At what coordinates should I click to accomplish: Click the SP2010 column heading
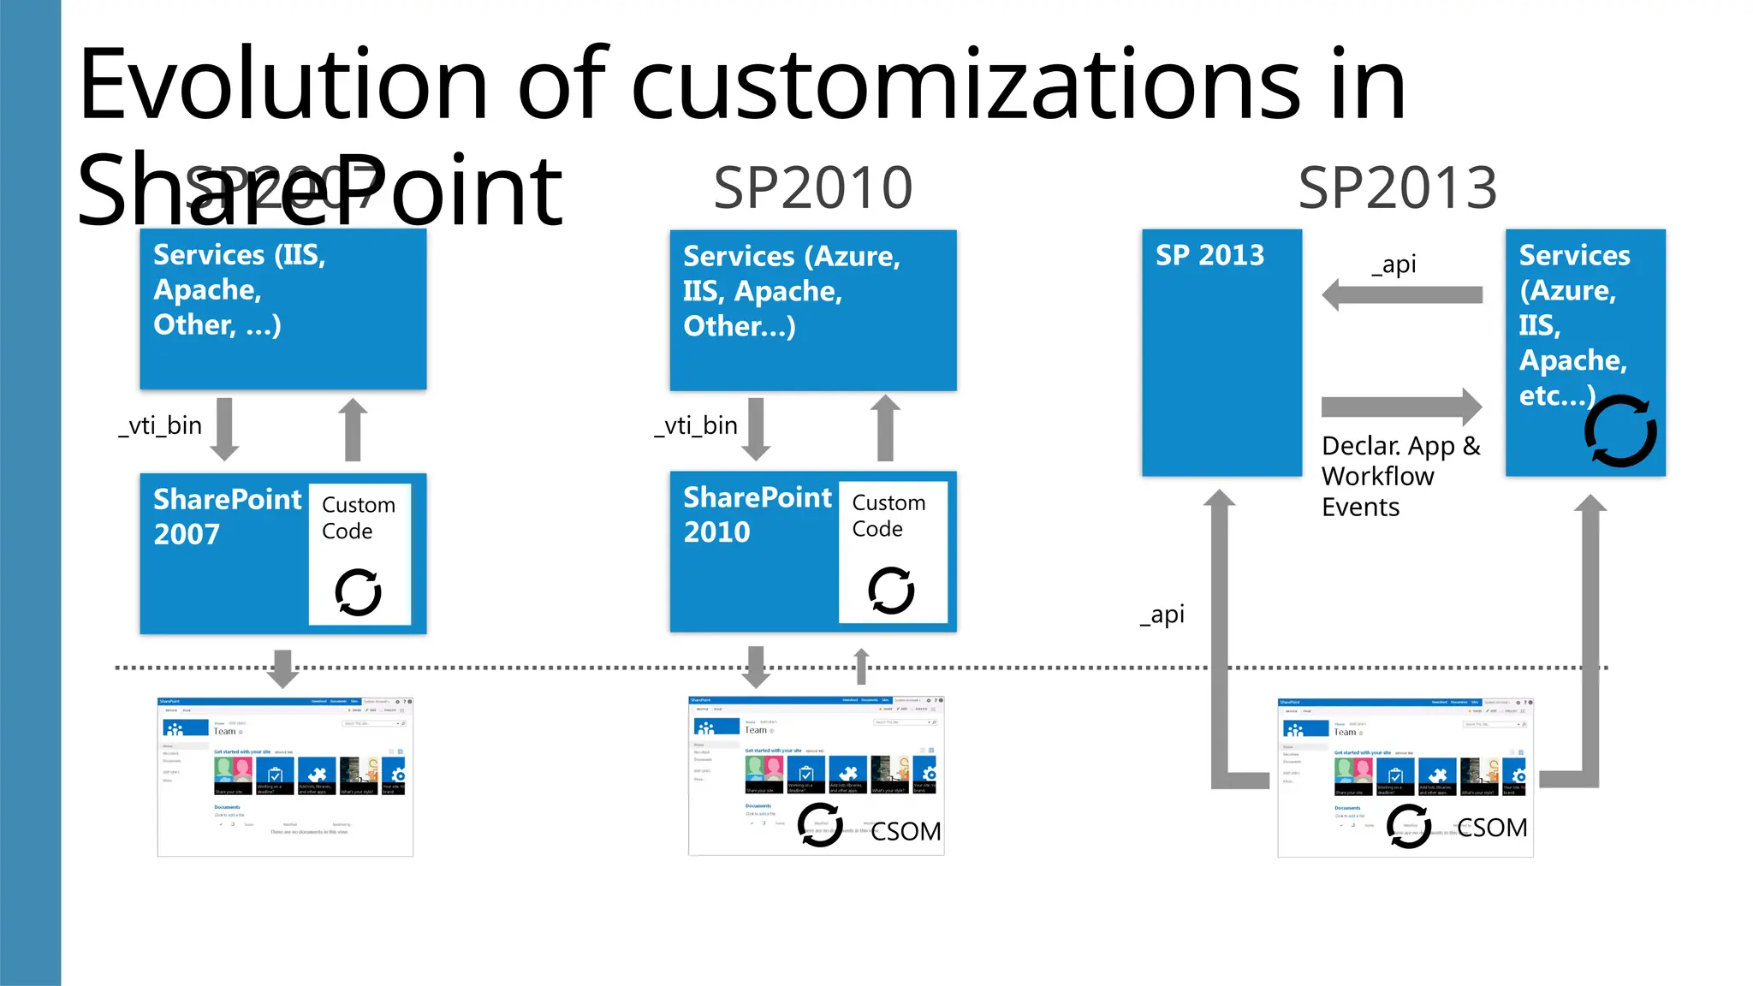tap(812, 188)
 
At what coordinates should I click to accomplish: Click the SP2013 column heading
tap(1397, 188)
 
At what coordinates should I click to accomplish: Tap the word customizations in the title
tap(966, 86)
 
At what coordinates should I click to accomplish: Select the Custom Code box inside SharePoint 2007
tap(360, 553)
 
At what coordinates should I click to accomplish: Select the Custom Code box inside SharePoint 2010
tap(892, 551)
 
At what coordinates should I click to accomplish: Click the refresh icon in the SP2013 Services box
tap(1619, 431)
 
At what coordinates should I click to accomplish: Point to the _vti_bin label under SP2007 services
tap(160, 425)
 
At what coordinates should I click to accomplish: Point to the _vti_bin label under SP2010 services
tap(696, 425)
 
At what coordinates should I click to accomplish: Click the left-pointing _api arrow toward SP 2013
tap(1402, 295)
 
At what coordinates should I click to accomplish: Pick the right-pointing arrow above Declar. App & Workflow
tap(1402, 407)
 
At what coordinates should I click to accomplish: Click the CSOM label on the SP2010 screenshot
tap(906, 831)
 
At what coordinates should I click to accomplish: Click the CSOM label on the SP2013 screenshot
tap(1491, 828)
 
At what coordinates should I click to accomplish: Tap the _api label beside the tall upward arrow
tap(1162, 615)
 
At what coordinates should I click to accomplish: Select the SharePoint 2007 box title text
tap(227, 516)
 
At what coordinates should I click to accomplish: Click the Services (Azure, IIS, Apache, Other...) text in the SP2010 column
tap(791, 291)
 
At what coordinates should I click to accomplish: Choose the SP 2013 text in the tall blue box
tap(1209, 255)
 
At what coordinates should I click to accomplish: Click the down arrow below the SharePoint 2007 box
tap(282, 668)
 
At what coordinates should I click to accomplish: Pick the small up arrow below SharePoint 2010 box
tap(862, 666)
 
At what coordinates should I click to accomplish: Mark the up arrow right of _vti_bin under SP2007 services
tap(352, 429)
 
